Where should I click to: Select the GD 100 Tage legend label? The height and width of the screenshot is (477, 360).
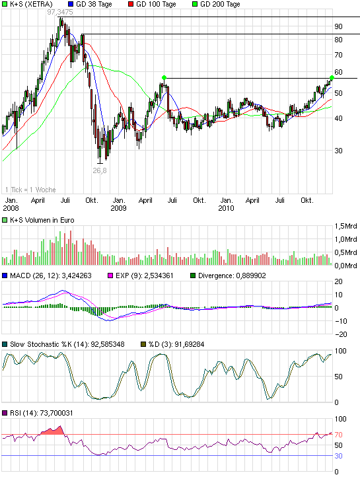[153, 4]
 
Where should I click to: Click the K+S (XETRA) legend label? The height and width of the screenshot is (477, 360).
[31, 4]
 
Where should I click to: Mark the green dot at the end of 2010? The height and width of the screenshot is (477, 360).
[332, 78]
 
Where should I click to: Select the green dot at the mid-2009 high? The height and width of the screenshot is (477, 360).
[164, 78]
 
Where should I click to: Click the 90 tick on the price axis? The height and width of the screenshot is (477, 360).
[338, 26]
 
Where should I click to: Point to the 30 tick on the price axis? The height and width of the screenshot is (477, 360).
[338, 151]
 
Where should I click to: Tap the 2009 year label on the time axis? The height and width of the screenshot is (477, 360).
[119, 208]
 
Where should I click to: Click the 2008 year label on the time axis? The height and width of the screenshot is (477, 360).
[11, 208]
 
